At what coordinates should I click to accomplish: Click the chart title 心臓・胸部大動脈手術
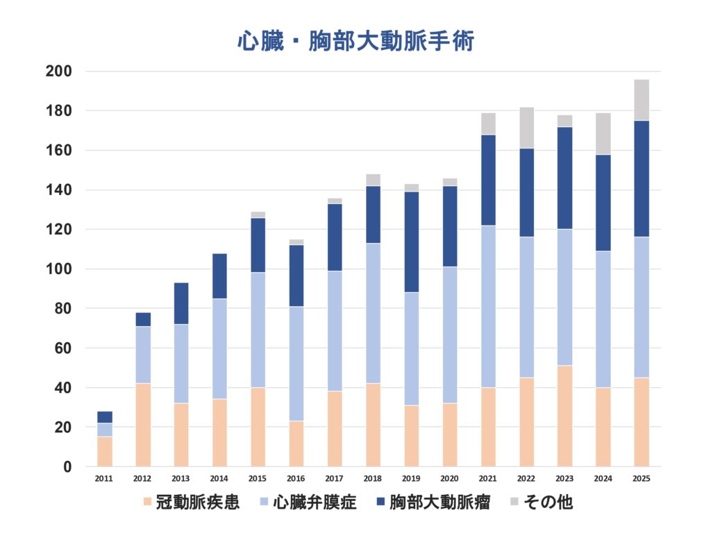tap(355, 41)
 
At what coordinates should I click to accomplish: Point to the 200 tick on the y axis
tap(58, 71)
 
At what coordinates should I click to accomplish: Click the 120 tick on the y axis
tap(58, 230)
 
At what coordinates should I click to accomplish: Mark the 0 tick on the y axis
tap(67, 467)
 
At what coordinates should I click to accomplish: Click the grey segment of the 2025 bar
tap(641, 101)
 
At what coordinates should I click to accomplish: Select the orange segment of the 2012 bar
tap(143, 425)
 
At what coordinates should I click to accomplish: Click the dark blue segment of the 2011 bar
tap(104, 417)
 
